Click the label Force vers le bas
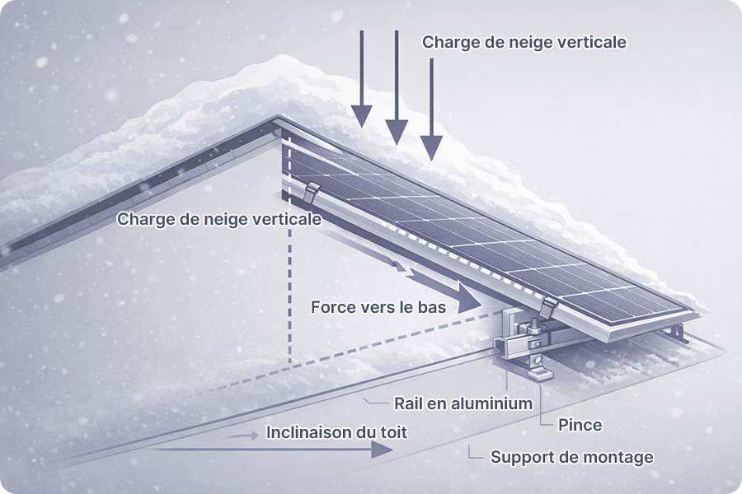pos(378,307)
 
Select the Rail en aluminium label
pos(463,403)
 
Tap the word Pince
pos(580,426)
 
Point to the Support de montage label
pos(571,456)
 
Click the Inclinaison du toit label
pos(336,431)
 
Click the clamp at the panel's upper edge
pos(311,195)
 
